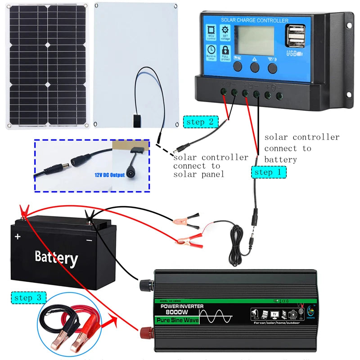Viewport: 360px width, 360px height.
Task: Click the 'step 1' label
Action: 269,172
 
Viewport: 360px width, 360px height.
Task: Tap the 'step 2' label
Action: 201,121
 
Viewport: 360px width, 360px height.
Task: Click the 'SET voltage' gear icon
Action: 225,31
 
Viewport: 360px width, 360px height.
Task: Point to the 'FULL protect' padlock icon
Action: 225,52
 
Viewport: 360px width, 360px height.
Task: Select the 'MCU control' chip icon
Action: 211,31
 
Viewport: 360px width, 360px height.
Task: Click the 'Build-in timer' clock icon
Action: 211,52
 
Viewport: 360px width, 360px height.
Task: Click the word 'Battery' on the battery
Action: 56,257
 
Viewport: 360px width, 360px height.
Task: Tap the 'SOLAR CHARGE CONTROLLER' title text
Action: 254,20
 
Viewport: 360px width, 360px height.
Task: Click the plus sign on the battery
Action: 18,236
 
